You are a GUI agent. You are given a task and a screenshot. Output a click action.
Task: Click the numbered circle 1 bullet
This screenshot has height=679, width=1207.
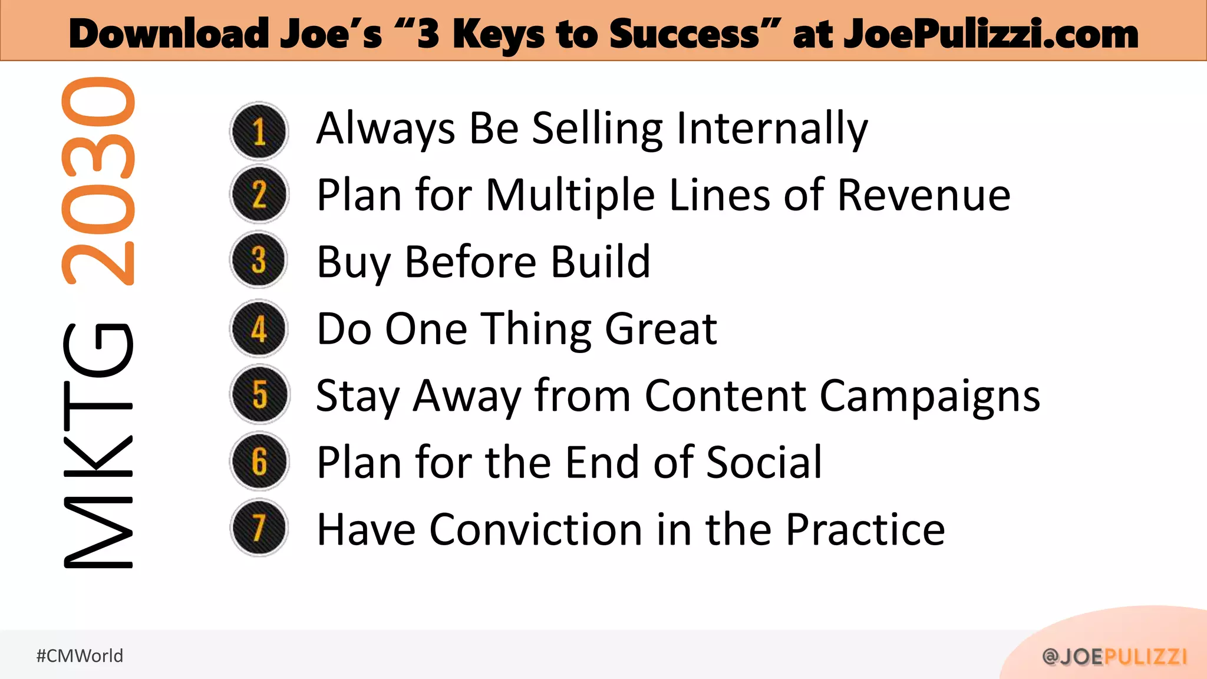(259, 131)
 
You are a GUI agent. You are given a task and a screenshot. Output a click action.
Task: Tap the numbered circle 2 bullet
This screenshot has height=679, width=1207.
(259, 195)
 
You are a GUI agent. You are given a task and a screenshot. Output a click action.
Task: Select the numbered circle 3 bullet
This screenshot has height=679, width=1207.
(259, 260)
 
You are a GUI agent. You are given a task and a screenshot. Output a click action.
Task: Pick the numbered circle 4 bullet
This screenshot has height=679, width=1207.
(259, 328)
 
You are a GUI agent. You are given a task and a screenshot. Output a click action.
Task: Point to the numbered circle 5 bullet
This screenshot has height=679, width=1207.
(259, 394)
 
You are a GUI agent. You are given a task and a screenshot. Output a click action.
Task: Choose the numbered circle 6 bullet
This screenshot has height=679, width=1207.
(259, 461)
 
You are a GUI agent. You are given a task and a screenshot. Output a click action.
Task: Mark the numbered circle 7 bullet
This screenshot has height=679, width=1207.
(259, 528)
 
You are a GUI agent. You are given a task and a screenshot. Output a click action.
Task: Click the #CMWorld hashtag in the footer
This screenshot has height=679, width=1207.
(80, 656)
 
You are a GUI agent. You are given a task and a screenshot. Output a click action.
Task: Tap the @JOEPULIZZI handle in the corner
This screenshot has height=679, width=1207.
(1114, 657)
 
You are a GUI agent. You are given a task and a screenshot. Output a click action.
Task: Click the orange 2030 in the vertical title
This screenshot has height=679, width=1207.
(98, 182)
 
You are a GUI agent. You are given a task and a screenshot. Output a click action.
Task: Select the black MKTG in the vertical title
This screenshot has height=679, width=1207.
(98, 446)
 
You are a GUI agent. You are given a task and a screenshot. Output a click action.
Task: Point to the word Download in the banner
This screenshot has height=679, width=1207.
(169, 34)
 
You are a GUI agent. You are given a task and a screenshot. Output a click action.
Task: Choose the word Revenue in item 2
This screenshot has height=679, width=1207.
(924, 195)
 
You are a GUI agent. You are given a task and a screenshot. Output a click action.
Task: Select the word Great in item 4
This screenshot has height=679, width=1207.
(661, 329)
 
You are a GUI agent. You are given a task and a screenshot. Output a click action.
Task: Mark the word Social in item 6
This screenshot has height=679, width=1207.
(764, 462)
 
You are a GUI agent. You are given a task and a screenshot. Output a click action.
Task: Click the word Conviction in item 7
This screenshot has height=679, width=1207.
(536, 529)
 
